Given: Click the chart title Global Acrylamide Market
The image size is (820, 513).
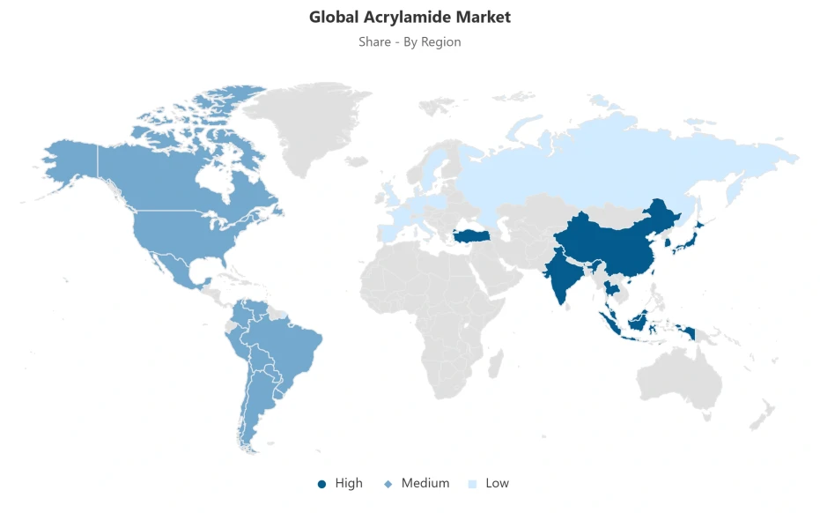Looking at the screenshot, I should pos(410,17).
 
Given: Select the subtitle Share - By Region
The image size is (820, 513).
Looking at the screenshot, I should pos(410,41).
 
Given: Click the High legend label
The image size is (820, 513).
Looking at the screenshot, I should pos(349,483).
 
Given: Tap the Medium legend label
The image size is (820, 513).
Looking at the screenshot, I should pos(425,483).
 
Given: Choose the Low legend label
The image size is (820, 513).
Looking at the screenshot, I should pos(497,483).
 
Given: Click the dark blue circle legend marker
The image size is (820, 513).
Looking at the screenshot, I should pos(322,484).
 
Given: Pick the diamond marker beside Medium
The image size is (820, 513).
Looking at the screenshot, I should pos(388,484).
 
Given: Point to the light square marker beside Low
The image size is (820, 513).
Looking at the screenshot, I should pos(473,484).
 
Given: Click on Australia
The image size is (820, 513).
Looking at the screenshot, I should pos(678,375).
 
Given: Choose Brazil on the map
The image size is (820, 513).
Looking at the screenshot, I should pos(291,344).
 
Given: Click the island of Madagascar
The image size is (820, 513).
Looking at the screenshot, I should pos(495,364).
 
